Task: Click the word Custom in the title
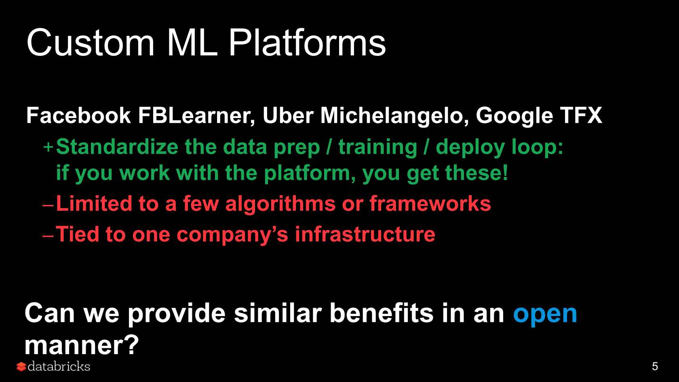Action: [91, 42]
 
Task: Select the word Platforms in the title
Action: [307, 42]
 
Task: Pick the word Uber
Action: [288, 116]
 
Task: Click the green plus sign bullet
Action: [48, 148]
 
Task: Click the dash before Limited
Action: [48, 205]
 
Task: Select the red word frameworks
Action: [430, 203]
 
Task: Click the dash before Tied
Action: [48, 236]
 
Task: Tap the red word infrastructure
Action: [365, 234]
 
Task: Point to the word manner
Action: [82, 345]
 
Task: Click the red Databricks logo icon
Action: [21, 367]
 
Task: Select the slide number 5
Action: [655, 367]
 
